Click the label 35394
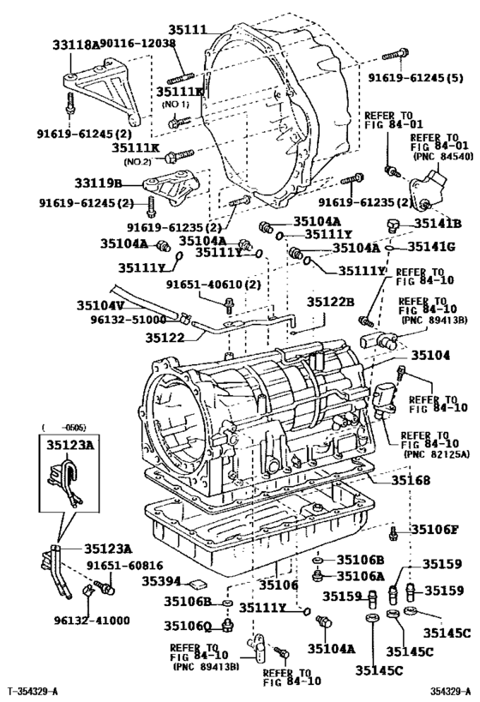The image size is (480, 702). coord(160,580)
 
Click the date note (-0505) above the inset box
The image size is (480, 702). coord(57,425)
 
